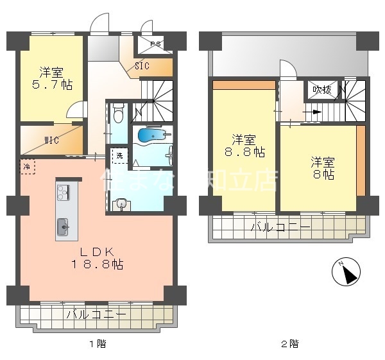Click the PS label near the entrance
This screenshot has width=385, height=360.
(155, 44)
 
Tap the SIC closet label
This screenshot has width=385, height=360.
(142, 65)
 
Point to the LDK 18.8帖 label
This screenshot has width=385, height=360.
(97, 257)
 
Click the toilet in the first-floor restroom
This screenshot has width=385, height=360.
(117, 114)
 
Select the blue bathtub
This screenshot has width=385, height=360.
(152, 136)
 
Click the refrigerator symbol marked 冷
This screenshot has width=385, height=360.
(27, 166)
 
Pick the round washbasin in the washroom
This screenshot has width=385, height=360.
(120, 204)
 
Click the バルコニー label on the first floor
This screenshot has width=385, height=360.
(96, 314)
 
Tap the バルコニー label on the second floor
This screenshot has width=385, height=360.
(280, 227)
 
